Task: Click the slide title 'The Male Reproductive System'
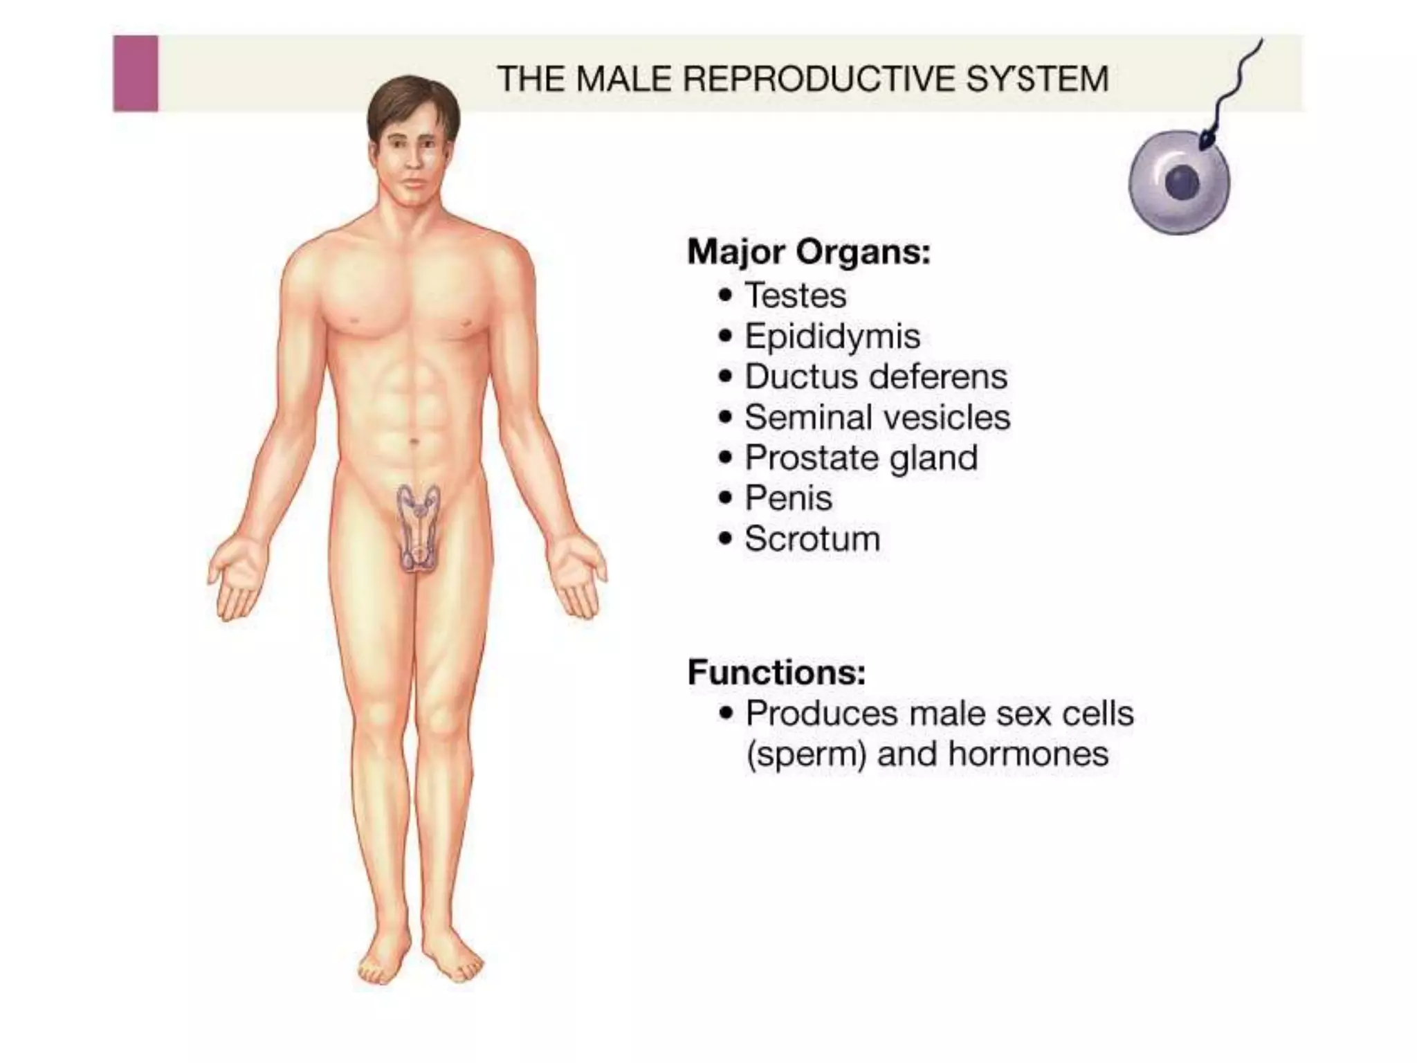pos(803,78)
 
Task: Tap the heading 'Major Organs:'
pos(808,252)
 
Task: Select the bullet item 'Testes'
pos(795,296)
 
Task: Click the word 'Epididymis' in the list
pos(832,337)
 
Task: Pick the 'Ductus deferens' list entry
pos(875,377)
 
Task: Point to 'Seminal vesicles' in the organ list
pos(877,418)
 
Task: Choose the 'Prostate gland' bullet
pos(861,458)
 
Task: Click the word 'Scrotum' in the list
pos(812,539)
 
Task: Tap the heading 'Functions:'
pos(776,672)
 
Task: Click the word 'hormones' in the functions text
pos(1028,754)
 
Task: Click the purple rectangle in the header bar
pos(136,73)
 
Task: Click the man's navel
pos(414,441)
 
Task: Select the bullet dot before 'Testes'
pos(725,296)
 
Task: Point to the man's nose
pos(413,162)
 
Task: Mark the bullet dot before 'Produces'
pos(726,714)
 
